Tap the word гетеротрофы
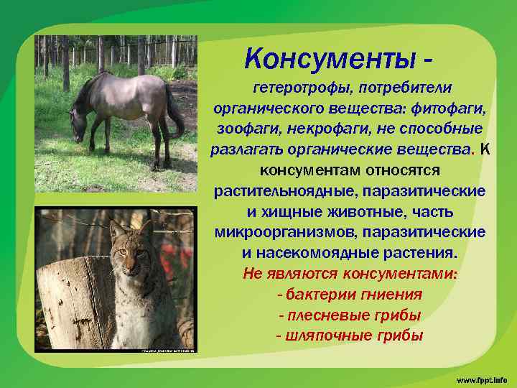point(297,88)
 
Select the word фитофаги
point(450,108)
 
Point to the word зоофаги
point(245,129)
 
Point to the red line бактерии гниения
point(350,295)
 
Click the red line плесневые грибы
point(350,315)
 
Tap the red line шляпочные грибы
point(350,336)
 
